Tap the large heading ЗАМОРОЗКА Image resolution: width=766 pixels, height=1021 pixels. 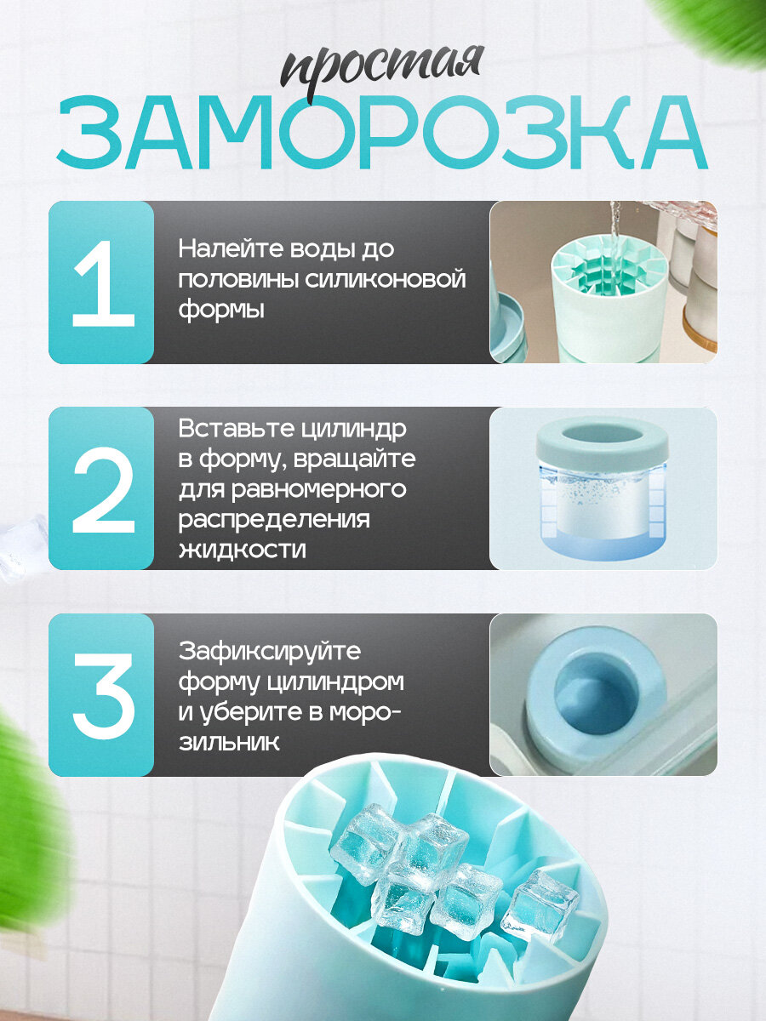tap(382, 133)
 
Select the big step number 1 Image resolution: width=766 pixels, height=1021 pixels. tap(103, 283)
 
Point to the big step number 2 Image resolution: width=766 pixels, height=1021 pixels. tap(104, 489)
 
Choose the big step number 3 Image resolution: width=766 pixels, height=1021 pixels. tap(104, 696)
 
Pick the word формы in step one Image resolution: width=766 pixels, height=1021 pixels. tap(221, 311)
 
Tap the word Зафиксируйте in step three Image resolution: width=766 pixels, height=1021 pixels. tap(270, 651)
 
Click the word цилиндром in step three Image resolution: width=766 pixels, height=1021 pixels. tap(334, 682)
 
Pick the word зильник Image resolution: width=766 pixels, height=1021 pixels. tap(229, 743)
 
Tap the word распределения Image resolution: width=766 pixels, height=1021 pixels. tap(274, 520)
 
